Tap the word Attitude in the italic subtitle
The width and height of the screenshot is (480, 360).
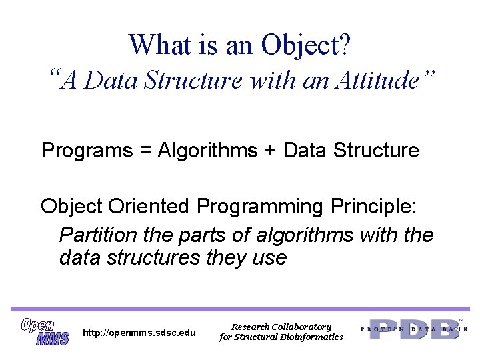pos(378,80)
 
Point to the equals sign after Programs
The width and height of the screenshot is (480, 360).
pos(145,151)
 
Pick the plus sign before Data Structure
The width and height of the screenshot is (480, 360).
pos(270,151)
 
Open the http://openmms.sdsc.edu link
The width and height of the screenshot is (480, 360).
pos(139,333)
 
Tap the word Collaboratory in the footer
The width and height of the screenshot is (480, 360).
pos(301,327)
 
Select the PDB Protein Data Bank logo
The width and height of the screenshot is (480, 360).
pos(414,329)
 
